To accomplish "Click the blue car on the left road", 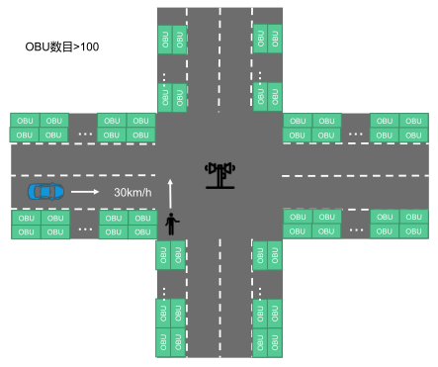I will (x=45, y=190).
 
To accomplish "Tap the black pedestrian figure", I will (x=173, y=225).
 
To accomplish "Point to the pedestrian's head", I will (x=173, y=215).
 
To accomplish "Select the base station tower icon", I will (x=219, y=175).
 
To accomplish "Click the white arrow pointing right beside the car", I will (x=85, y=191).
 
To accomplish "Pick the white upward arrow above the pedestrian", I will (x=170, y=193).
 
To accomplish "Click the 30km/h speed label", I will (x=132, y=192).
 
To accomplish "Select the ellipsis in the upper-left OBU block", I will (x=85, y=133).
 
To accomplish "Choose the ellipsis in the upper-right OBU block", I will (x=356, y=133).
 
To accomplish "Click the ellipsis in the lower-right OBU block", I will (x=356, y=229).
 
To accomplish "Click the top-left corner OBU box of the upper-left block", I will (x=26, y=120).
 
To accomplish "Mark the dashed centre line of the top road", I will (x=219, y=59).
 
